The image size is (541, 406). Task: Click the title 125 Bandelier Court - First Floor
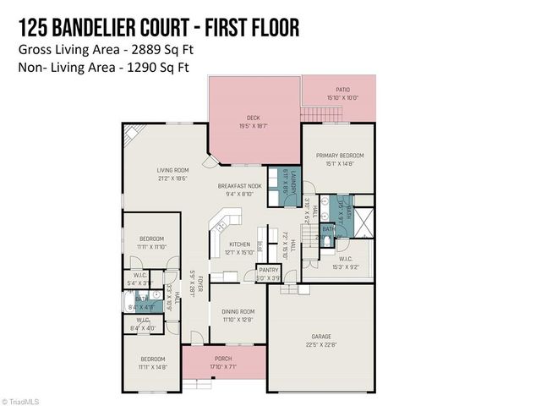point(158,28)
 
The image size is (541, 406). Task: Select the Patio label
point(342,90)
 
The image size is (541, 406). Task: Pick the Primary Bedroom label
point(340,156)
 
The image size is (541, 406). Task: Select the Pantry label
point(268,270)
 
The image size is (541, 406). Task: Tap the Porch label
point(223,359)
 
